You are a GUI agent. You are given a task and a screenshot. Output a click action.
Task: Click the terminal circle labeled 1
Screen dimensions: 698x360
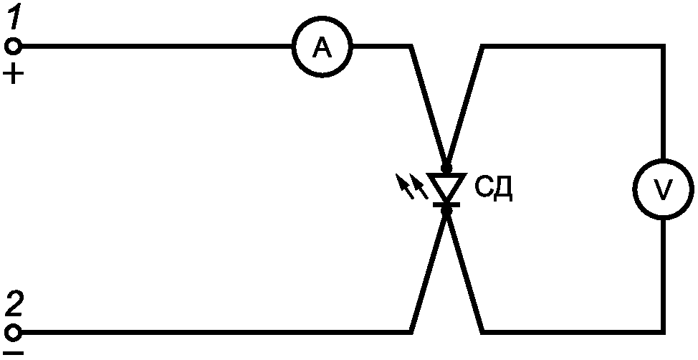click(14, 46)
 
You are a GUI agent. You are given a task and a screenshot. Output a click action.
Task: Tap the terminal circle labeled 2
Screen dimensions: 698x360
click(14, 332)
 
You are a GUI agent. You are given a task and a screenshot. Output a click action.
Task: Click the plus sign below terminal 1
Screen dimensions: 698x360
click(14, 73)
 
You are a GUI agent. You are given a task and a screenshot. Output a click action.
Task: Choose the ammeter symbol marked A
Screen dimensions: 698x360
click(322, 47)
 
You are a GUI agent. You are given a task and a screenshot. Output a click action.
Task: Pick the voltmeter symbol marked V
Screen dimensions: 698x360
click(664, 189)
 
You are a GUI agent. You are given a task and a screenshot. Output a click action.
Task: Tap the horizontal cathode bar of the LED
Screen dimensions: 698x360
click(446, 204)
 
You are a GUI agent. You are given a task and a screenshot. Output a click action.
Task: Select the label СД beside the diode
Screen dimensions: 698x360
click(494, 189)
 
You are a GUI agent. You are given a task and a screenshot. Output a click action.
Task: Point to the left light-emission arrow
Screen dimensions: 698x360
click(405, 186)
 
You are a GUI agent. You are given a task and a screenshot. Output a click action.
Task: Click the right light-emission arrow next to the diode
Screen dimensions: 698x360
click(419, 186)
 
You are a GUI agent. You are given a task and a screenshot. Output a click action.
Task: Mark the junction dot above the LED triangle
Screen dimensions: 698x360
click(446, 169)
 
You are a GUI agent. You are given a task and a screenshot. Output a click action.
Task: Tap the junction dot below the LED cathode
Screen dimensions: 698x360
click(446, 211)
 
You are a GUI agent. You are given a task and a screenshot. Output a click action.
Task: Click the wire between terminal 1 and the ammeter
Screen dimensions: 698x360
click(156, 46)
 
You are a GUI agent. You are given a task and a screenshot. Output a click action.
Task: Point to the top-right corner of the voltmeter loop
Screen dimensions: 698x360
click(664, 46)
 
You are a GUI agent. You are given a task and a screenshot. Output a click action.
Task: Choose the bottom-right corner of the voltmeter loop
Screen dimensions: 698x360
click(664, 332)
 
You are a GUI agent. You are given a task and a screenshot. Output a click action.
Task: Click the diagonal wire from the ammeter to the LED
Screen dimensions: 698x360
click(429, 106)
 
